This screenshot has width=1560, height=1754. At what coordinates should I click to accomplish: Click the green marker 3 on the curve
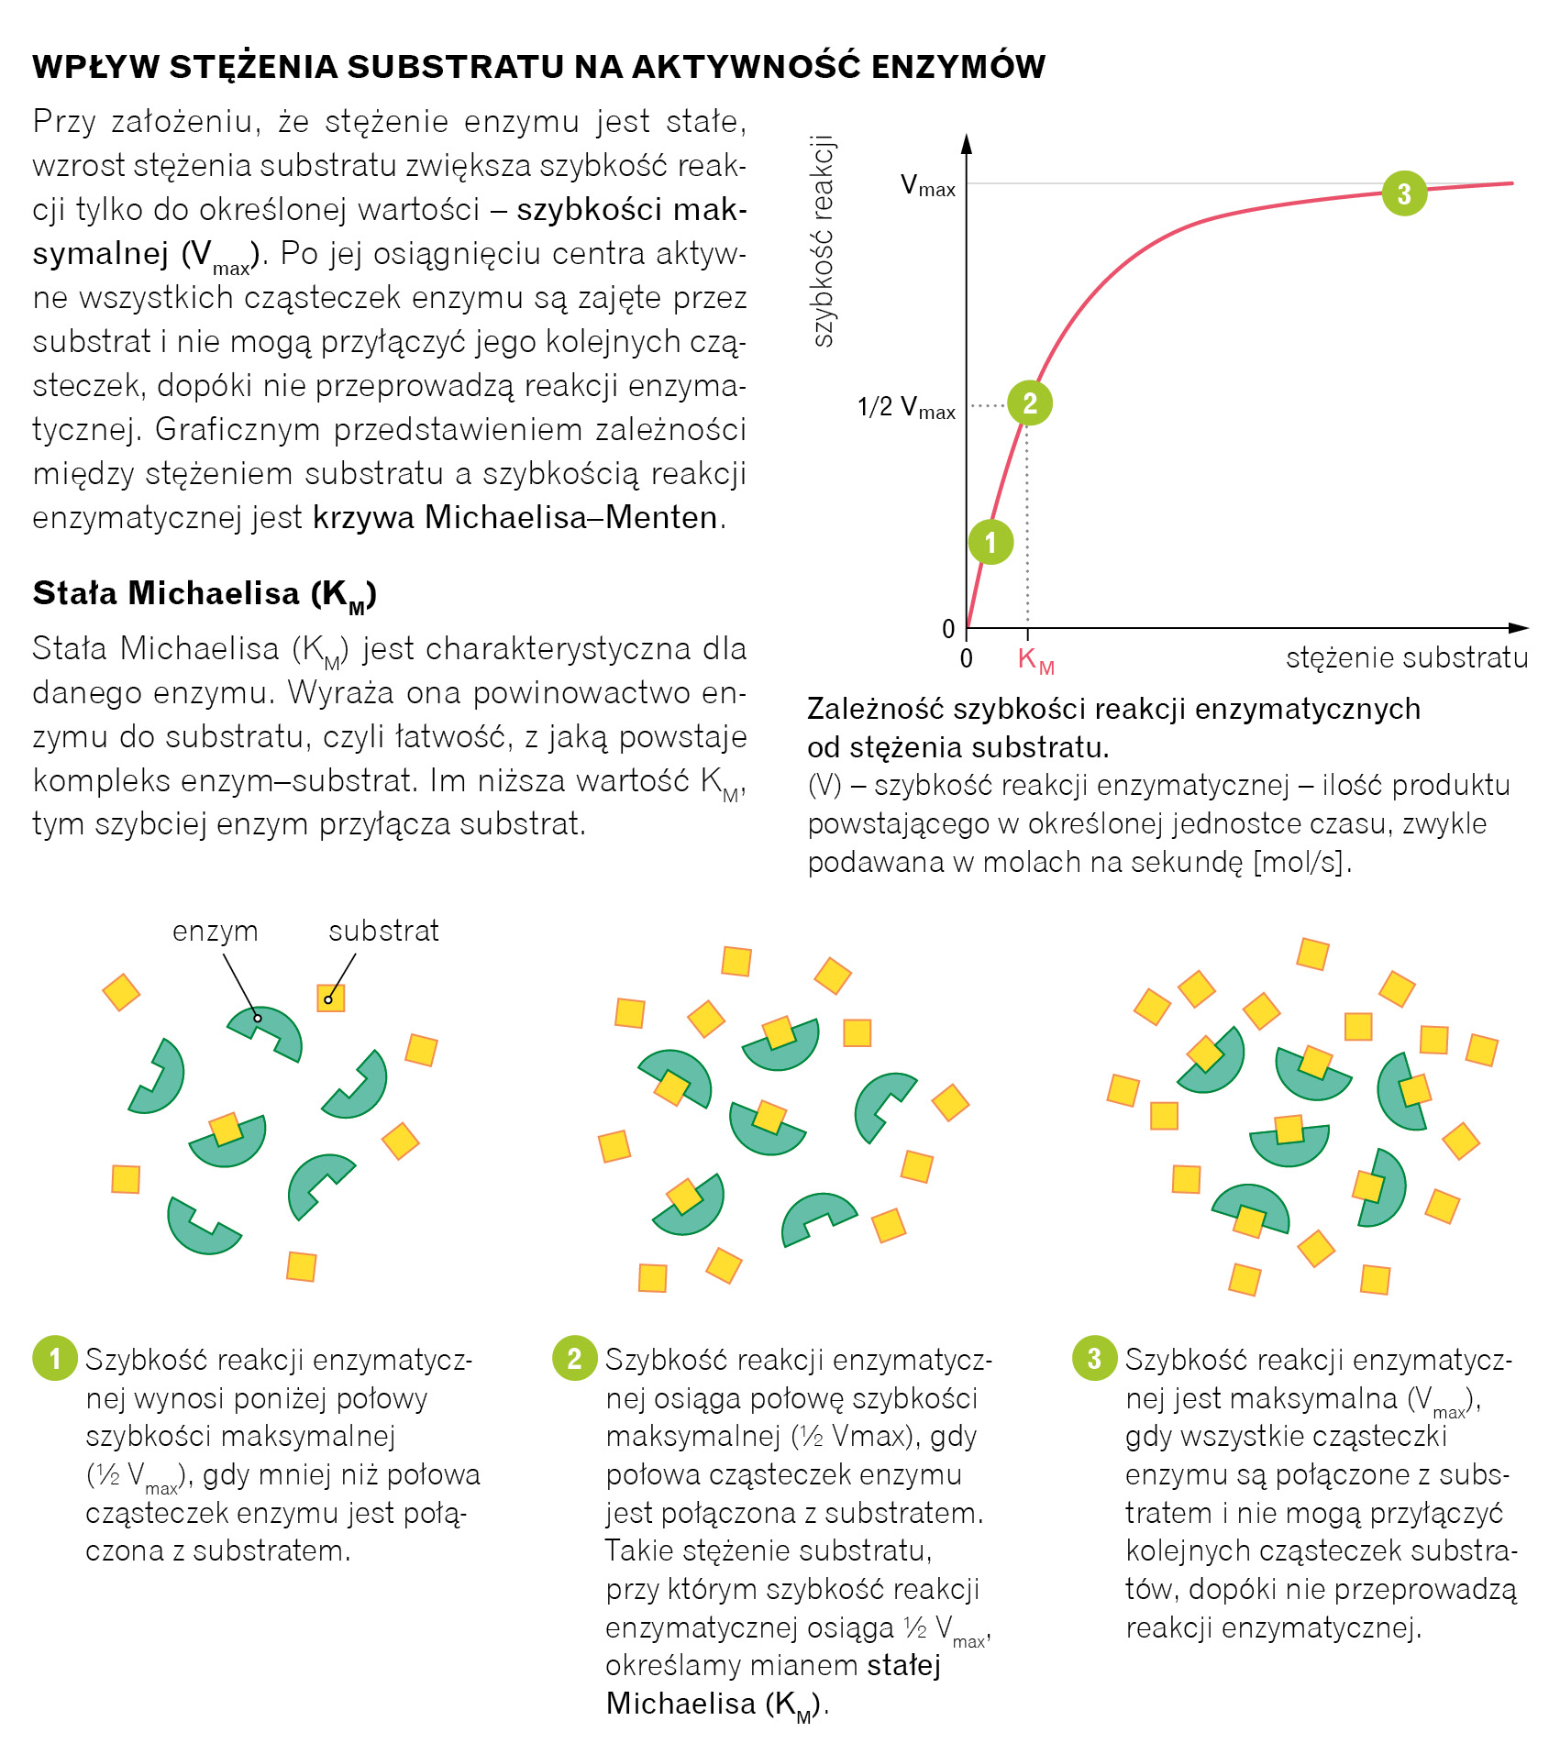[x=1404, y=193]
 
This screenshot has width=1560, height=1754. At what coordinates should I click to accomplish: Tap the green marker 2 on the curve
[x=1030, y=403]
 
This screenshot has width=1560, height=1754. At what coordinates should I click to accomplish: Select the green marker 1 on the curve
[x=990, y=542]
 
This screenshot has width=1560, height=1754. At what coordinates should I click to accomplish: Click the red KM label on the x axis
[x=1035, y=659]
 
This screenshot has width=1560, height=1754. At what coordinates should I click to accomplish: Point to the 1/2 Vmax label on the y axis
[x=906, y=407]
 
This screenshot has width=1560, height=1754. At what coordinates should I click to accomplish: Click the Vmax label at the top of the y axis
[x=927, y=186]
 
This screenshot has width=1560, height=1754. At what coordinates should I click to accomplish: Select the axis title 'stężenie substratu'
[x=1407, y=657]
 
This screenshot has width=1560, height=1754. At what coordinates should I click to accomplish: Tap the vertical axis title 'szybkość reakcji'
[x=823, y=241]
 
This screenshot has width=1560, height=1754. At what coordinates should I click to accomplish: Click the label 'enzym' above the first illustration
[x=215, y=931]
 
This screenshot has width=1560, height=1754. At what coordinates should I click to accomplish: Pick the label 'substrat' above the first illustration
[x=383, y=931]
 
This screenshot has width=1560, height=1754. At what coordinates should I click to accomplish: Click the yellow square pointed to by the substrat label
[x=330, y=998]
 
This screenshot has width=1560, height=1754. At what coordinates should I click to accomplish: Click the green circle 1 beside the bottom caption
[x=55, y=1358]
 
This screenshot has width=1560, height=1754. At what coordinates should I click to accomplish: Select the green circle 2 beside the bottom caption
[x=574, y=1358]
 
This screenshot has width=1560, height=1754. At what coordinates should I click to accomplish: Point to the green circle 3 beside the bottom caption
[x=1094, y=1358]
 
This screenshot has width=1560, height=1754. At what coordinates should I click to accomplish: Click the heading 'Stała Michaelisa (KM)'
[x=205, y=594]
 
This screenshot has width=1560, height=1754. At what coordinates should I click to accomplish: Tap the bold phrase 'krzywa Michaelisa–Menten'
[x=515, y=517]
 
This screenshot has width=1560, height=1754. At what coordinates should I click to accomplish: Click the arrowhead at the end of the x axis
[x=1518, y=628]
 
